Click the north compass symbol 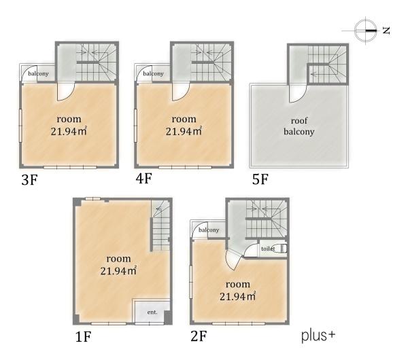click(x=366, y=31)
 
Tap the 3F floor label click(x=29, y=179)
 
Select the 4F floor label click(x=143, y=179)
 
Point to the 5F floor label click(x=260, y=179)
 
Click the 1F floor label click(x=83, y=337)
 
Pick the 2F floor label click(x=199, y=336)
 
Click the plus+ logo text click(x=318, y=336)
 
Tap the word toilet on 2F click(x=268, y=249)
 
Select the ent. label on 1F click(x=152, y=312)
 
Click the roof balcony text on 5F click(x=299, y=126)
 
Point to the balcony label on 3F click(x=38, y=73)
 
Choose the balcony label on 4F click(x=153, y=73)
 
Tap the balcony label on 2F click(x=209, y=230)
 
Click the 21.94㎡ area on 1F click(x=118, y=271)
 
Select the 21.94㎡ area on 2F click(x=237, y=296)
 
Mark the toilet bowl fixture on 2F click(x=284, y=249)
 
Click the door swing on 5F click(x=298, y=94)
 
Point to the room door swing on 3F click(x=66, y=92)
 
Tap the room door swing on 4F click(x=181, y=92)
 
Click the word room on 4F click(x=184, y=119)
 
